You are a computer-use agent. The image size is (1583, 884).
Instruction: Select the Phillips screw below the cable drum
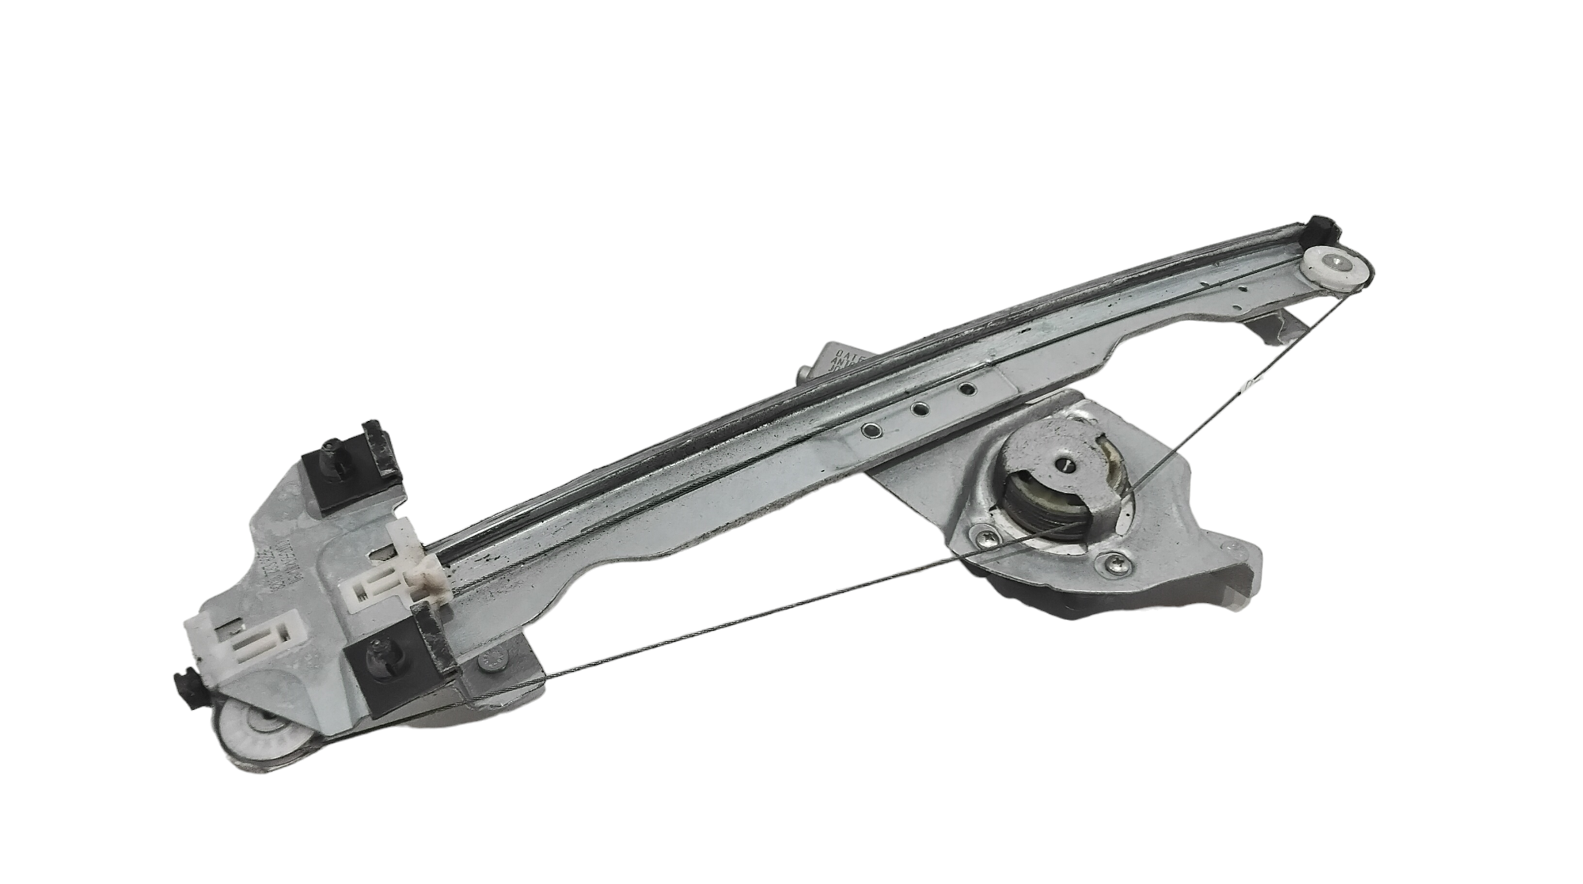(x=1110, y=563)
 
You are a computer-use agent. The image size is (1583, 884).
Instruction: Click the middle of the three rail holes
(x=919, y=409)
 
